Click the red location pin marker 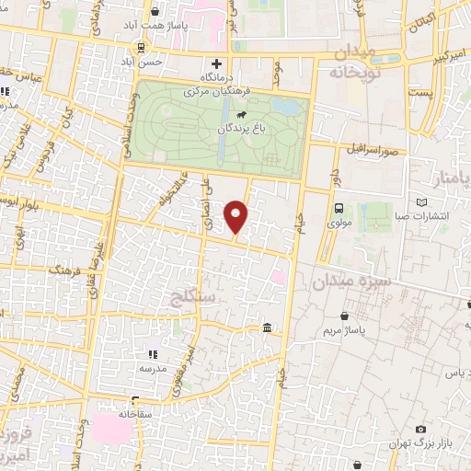pos(237,216)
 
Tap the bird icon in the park pos(242,116)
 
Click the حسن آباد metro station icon pos(140,48)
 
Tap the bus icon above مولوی pos(339,208)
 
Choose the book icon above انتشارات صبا pos(422,202)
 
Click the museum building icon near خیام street pos(267,328)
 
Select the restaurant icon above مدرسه pos(153,352)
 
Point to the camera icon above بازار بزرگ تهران pos(421,429)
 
